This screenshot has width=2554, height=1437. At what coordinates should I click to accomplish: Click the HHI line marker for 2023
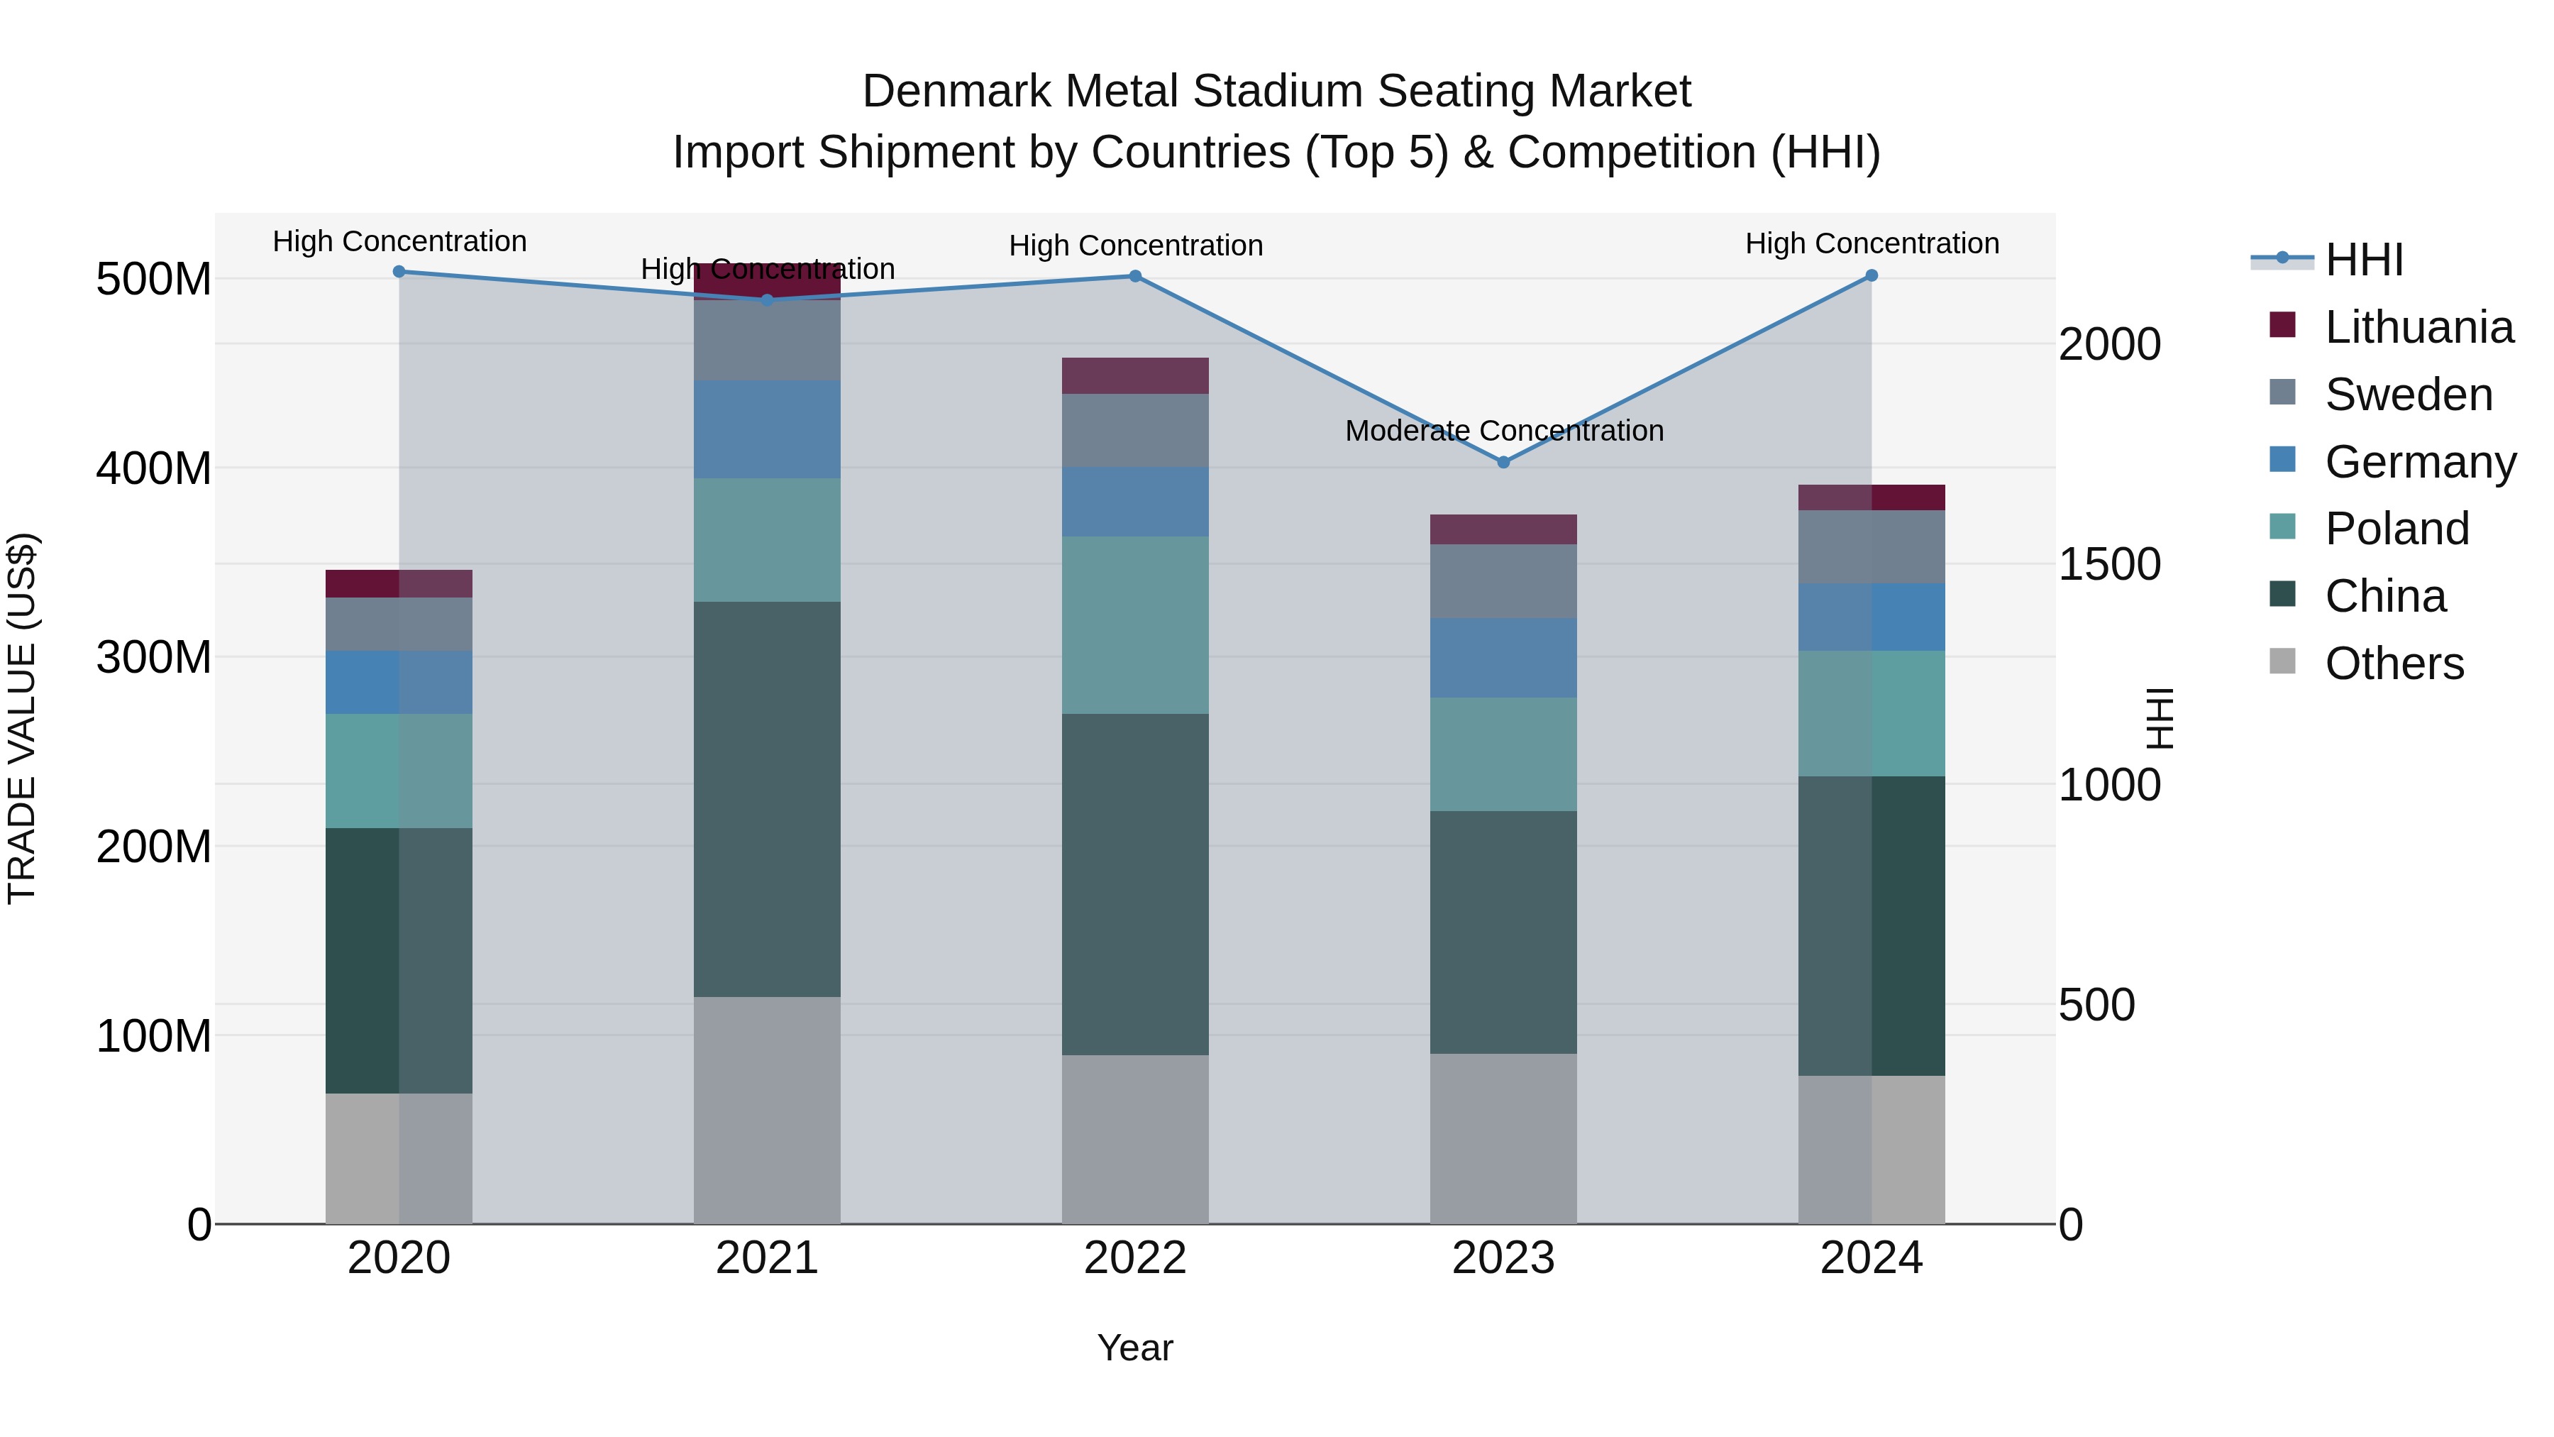pos(1503,462)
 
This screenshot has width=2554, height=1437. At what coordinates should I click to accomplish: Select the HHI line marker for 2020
pos(399,272)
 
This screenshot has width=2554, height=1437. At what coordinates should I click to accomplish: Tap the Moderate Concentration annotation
pos(1503,431)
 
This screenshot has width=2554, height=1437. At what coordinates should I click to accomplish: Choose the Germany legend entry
pos(2419,462)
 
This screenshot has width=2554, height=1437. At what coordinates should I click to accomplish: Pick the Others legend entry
pos(2394,664)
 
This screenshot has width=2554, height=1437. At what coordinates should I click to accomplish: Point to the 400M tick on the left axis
pos(154,468)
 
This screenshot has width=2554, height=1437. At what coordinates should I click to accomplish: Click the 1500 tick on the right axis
pos(2109,564)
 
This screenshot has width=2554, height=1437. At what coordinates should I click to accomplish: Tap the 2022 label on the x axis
pos(1134,1258)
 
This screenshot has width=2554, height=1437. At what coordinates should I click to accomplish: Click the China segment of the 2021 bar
pos(766,798)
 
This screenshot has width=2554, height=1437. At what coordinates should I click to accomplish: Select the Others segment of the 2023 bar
pos(1503,1138)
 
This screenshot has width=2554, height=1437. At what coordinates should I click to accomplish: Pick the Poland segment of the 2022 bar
pos(1134,624)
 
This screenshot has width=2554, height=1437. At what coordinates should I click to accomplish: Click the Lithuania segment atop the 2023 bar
pos(1503,529)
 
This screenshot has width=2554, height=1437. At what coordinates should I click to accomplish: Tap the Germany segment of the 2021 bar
pos(766,429)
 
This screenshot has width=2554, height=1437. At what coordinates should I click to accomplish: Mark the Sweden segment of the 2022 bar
pos(1134,431)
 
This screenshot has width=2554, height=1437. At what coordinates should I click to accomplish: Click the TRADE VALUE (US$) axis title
pos(22,718)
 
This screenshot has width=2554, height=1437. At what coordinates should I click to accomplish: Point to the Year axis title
pos(1134,1348)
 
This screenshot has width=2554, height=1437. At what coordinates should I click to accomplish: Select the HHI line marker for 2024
pos(1871,276)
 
